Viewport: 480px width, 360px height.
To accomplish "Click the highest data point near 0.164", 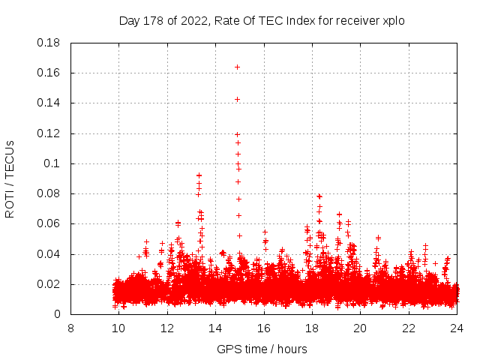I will coord(237,67).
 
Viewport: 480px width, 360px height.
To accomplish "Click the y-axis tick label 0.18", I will coord(49,43).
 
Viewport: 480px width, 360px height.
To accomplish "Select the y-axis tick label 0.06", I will coord(49,223).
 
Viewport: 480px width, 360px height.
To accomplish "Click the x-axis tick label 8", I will coord(70,328).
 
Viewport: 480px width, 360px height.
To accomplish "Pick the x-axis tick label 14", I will coord(215,328).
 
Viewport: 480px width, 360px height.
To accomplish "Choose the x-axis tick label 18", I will coord(311,328).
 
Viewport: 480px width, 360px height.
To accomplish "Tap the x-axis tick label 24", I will coord(456,328).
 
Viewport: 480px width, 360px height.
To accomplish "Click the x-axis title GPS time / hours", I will coord(262,349).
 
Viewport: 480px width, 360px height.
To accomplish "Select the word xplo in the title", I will coord(393,20).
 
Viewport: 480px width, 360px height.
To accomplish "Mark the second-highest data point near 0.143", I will coord(237,99).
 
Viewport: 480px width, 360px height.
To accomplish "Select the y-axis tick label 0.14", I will coord(49,103).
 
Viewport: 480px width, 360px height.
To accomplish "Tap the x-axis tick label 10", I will coord(118,328).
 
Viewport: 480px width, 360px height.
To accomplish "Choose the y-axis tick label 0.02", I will coord(49,284).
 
